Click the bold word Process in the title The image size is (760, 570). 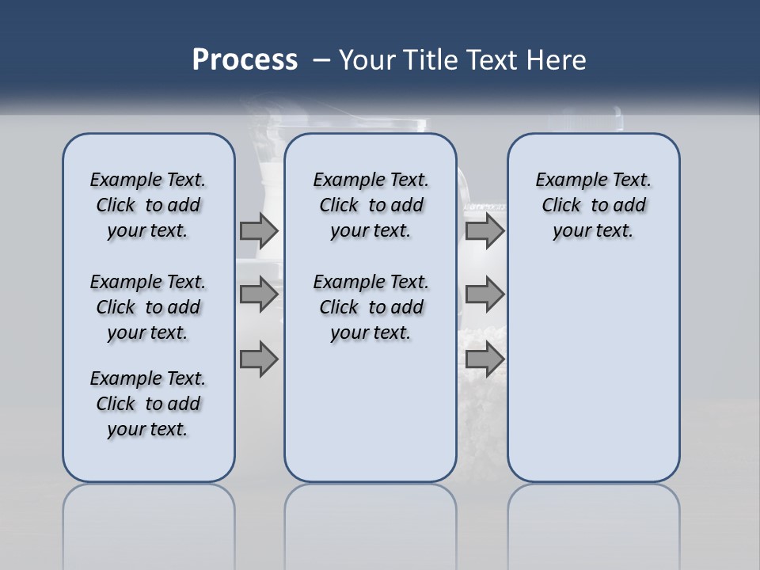(x=245, y=60)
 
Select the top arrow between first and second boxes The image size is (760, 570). (x=259, y=231)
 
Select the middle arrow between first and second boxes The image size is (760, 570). (x=259, y=294)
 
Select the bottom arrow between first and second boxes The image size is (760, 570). (x=259, y=359)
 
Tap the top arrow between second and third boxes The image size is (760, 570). (x=484, y=231)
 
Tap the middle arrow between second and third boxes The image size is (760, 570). (x=484, y=294)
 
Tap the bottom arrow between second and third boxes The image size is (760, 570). (x=484, y=359)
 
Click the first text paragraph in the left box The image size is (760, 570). (x=148, y=205)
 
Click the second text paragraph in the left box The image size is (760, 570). (x=148, y=307)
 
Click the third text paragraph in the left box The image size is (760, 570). (x=148, y=404)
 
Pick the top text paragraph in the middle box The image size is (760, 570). (x=370, y=205)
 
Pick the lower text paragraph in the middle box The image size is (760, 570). (x=370, y=307)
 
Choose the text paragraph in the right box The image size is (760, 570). (x=593, y=205)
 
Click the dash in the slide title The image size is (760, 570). (x=321, y=60)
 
